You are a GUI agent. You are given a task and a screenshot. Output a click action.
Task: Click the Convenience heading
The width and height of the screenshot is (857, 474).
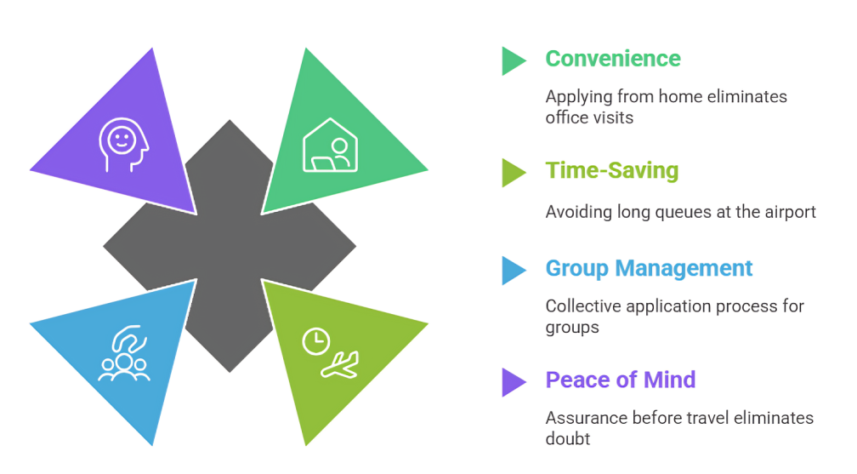[x=613, y=59]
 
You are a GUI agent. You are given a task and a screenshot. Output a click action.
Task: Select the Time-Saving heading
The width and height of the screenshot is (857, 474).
[x=611, y=171]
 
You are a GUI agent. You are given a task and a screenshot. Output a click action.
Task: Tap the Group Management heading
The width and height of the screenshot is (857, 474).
[x=649, y=269]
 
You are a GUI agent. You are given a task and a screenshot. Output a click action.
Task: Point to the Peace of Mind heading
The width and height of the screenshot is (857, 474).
[x=621, y=380]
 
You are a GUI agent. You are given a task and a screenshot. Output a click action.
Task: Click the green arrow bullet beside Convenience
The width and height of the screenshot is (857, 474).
[x=514, y=60]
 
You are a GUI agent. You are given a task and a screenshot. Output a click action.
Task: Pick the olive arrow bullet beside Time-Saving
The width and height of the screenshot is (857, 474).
[x=514, y=173]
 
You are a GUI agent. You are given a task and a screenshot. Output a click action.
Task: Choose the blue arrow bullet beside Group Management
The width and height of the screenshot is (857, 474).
[x=514, y=271]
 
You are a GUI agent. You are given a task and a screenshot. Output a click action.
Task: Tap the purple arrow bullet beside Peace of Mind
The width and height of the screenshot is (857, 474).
[x=514, y=382]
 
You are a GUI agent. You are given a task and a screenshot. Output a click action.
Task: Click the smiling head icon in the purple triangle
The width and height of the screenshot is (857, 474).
[x=123, y=145]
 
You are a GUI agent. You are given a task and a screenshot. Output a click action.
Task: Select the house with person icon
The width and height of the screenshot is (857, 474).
[x=330, y=145]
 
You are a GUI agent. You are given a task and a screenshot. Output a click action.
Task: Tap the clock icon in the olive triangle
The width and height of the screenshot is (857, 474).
[x=316, y=342]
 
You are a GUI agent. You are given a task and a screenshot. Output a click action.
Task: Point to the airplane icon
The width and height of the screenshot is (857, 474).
[x=340, y=365]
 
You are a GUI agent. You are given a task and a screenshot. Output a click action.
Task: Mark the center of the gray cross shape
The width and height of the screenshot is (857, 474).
[x=230, y=246]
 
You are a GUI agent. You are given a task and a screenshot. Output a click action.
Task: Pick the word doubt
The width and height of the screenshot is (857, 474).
[x=568, y=439]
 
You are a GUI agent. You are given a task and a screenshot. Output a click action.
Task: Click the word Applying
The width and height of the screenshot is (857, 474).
[x=579, y=97]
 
